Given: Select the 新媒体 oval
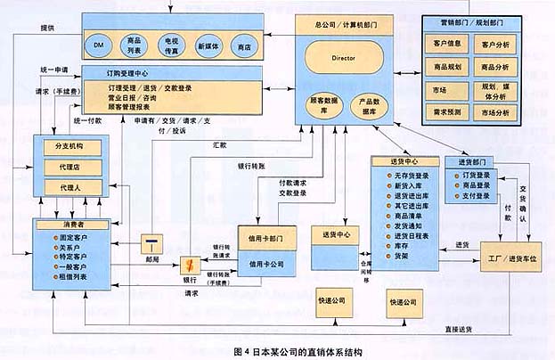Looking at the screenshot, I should click(207, 45).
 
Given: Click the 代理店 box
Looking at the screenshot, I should click(69, 168).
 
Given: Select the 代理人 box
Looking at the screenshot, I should click(69, 187).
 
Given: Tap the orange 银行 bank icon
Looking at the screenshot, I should click(189, 265).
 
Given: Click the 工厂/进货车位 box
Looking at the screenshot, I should click(511, 257).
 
